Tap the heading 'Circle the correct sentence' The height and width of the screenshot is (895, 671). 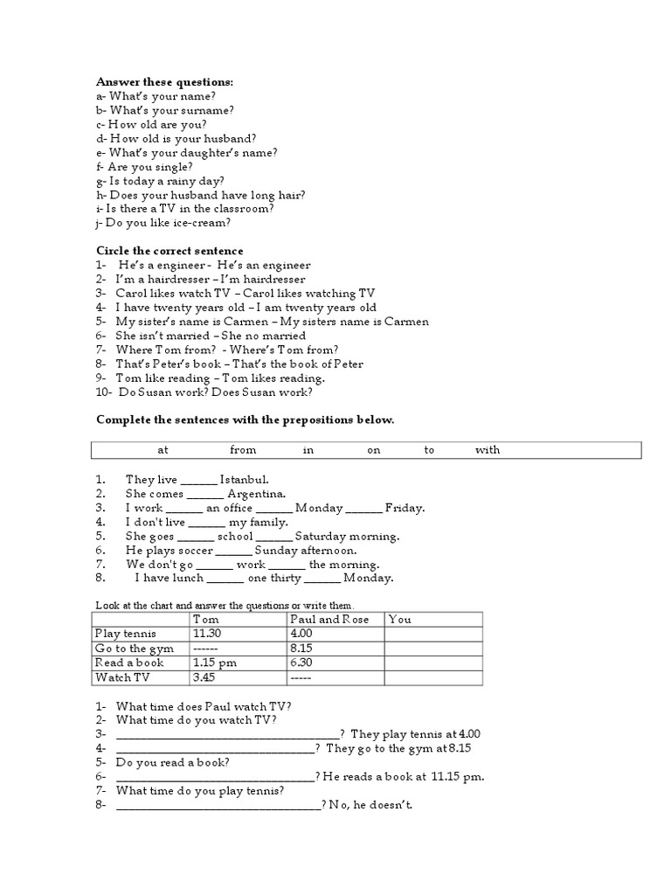pyautogui.click(x=169, y=251)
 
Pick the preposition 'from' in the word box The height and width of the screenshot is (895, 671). pyautogui.click(x=243, y=450)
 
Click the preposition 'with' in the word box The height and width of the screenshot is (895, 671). pyautogui.click(x=488, y=450)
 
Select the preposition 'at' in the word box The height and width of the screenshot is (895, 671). pyautogui.click(x=163, y=450)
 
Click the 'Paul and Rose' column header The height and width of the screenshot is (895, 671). pyautogui.click(x=329, y=620)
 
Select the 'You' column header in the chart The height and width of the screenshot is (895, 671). pyautogui.click(x=399, y=620)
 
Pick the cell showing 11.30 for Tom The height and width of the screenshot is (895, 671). pyautogui.click(x=206, y=634)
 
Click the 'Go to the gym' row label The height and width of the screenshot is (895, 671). pyautogui.click(x=135, y=649)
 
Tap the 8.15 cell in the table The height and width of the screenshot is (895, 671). pyautogui.click(x=302, y=649)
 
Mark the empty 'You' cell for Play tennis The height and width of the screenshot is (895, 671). pyautogui.click(x=432, y=634)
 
